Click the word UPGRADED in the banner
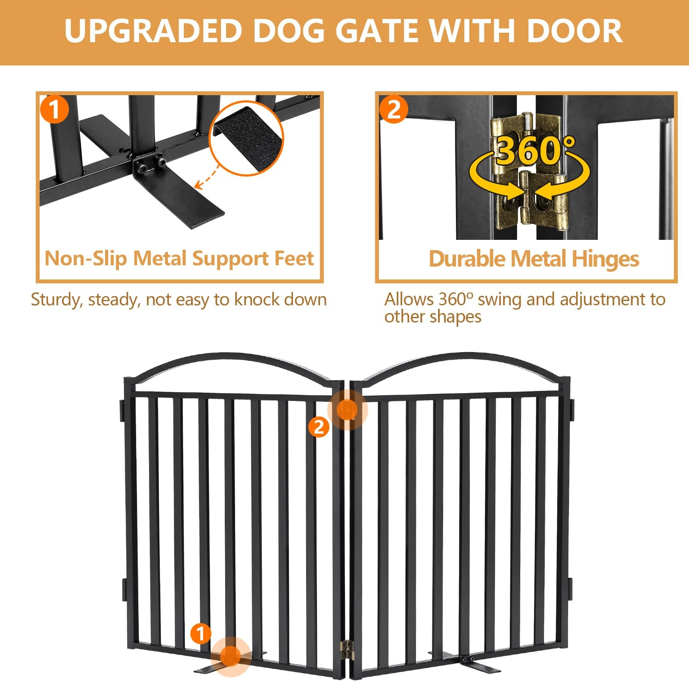click(x=153, y=31)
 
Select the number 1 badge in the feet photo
click(x=54, y=109)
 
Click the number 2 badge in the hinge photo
click(x=394, y=109)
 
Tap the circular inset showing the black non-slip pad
click(x=246, y=138)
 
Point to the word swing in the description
click(x=499, y=299)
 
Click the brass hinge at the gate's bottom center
click(x=347, y=650)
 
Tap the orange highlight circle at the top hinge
click(x=348, y=410)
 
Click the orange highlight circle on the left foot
click(x=231, y=656)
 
